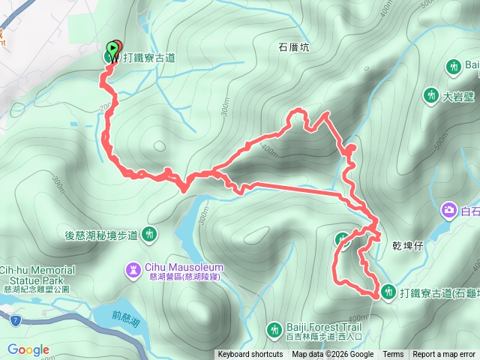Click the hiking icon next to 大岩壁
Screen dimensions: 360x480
[x=430, y=96]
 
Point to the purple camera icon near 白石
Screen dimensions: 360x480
[x=449, y=211]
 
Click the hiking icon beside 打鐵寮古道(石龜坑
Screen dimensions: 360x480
[x=388, y=291]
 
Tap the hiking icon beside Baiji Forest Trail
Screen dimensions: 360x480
[x=274, y=328]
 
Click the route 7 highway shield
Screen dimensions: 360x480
[x=16, y=320]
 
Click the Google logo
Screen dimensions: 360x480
[x=28, y=349]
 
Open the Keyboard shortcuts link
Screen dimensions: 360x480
[x=250, y=355]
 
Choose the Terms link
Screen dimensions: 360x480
[x=393, y=355]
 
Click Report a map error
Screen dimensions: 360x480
[x=444, y=355]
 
